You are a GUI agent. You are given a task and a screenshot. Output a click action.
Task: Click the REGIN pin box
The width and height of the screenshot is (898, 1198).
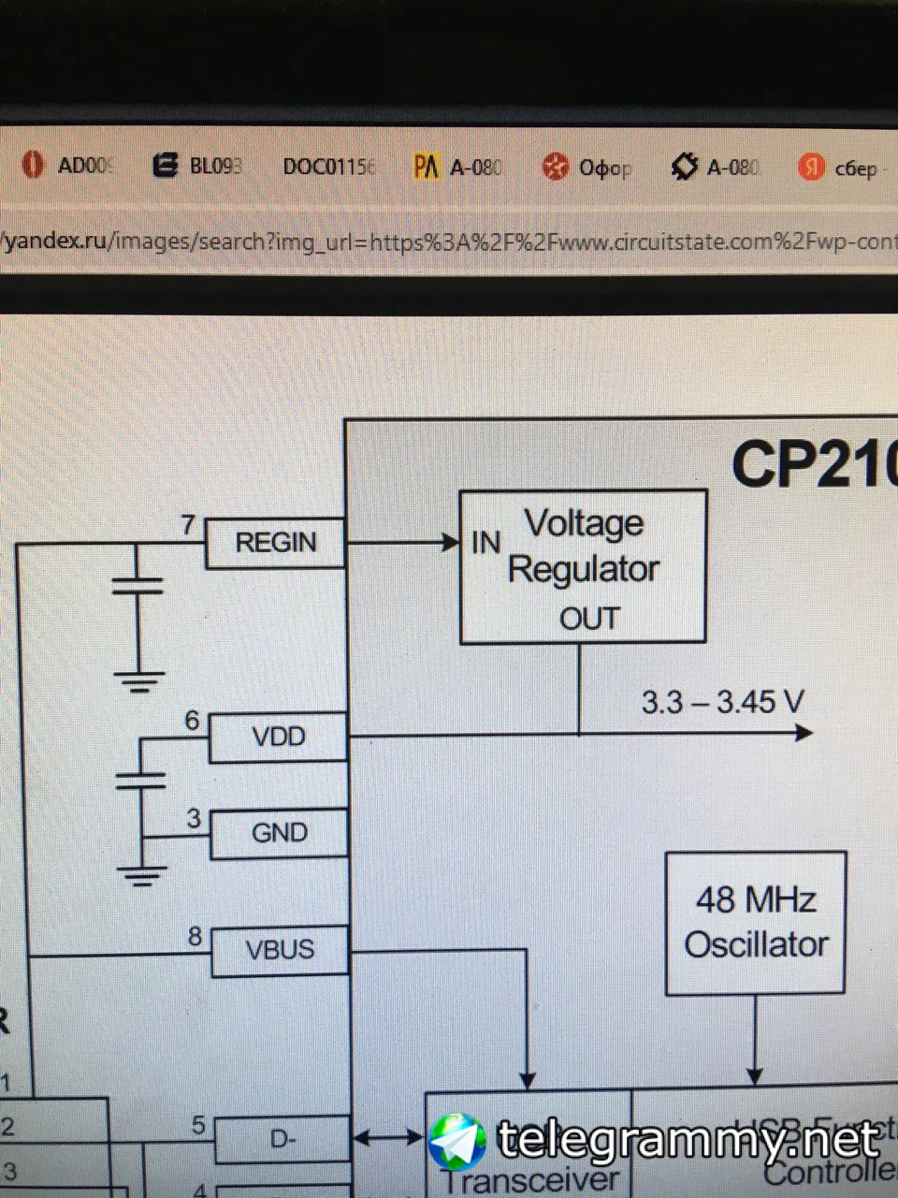[x=275, y=543]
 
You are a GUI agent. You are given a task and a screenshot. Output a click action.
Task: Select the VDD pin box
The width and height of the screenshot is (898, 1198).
[x=278, y=738]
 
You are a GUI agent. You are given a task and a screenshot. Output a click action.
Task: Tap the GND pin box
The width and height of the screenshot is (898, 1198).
[x=279, y=833]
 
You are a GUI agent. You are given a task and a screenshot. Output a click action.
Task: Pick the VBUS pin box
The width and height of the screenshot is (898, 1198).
[x=280, y=951]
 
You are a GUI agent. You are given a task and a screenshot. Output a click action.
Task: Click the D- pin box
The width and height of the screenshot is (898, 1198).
[x=282, y=1140]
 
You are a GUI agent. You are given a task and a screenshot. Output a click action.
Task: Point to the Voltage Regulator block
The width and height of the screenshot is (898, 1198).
[x=583, y=566]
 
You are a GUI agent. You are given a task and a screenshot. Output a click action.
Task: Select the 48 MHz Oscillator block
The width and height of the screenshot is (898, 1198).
[x=755, y=923]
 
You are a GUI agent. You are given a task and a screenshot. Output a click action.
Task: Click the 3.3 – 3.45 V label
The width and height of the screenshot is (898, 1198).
[x=722, y=702]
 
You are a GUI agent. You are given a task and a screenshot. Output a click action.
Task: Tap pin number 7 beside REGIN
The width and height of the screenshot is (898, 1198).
[x=188, y=525]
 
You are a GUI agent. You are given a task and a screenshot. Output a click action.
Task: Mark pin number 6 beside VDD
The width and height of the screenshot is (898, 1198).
[x=192, y=721]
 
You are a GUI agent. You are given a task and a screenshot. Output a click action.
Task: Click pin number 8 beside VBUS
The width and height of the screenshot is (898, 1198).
[x=195, y=935]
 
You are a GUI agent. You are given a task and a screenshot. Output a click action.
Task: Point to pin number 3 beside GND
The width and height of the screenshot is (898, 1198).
[x=194, y=818]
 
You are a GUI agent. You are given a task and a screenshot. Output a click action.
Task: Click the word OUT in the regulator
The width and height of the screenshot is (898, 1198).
[x=589, y=619]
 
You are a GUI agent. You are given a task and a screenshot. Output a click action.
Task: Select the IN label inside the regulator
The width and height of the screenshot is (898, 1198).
[x=486, y=542]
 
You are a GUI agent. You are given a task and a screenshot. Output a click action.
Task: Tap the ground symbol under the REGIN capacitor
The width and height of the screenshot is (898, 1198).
[x=138, y=680]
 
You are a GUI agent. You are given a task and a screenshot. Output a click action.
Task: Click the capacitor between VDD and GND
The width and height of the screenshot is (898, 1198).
[x=140, y=780]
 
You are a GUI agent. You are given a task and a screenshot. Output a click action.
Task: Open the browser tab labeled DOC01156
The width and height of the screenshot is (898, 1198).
[x=328, y=167]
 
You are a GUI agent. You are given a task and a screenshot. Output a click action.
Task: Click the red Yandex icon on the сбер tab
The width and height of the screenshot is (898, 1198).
[x=811, y=168]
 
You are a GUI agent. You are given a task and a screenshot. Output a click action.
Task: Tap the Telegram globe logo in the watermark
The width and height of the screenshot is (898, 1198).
[x=456, y=1142]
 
